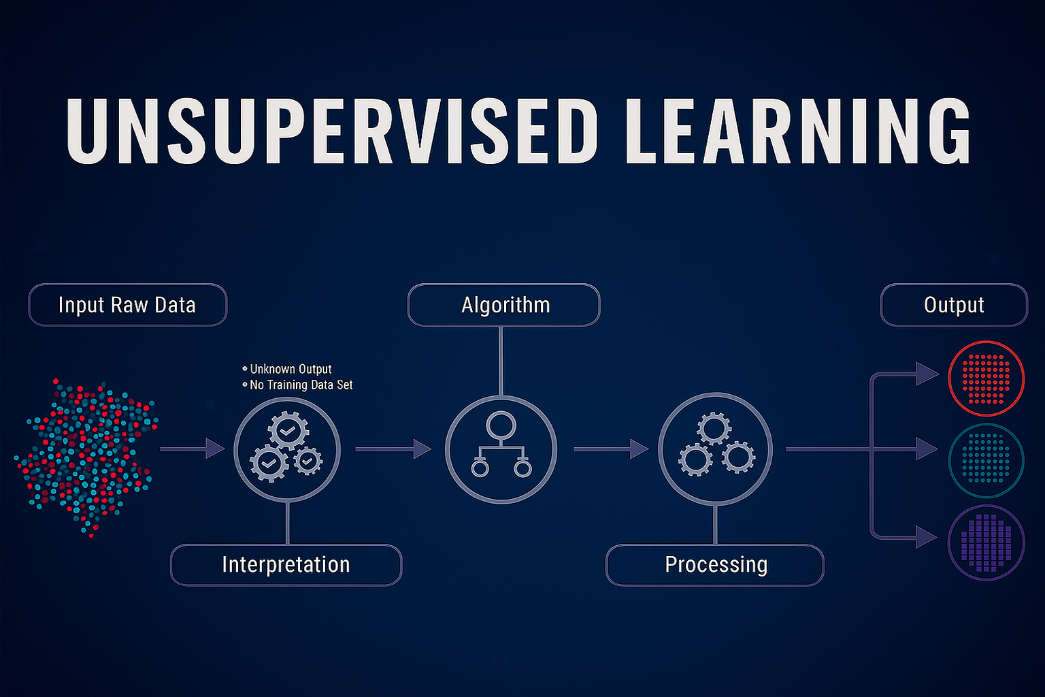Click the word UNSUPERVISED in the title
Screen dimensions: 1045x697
(332, 131)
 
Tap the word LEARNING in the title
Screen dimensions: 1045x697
(798, 131)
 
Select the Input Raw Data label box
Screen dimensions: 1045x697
(128, 305)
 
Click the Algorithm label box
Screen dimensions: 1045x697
(504, 305)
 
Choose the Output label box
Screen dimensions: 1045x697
(954, 305)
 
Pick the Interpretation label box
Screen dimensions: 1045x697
(286, 565)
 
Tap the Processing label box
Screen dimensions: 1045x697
(715, 565)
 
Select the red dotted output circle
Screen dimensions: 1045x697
(986, 378)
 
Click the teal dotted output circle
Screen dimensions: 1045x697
(986, 460)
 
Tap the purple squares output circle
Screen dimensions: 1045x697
(986, 542)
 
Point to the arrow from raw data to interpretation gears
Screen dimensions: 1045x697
(193, 449)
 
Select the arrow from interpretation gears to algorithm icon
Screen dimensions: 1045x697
(393, 449)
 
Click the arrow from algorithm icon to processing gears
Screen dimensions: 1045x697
(611, 449)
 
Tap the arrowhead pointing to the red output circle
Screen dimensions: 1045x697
(927, 374)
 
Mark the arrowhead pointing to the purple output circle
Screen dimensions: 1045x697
(927, 537)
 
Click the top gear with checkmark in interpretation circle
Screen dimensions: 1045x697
(288, 430)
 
